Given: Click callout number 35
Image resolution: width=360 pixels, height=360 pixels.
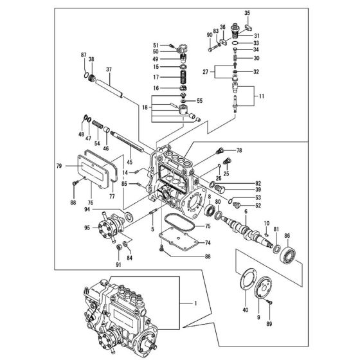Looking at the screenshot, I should tap(247, 13).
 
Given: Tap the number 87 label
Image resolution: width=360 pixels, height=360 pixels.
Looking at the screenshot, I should tap(83, 56).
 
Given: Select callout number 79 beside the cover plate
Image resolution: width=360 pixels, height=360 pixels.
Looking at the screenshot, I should tap(60, 166).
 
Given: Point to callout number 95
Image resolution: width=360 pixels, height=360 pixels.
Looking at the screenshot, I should tap(87, 226).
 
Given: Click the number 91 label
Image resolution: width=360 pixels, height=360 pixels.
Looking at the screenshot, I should tap(118, 264).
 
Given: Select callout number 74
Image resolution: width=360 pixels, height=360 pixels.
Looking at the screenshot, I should tap(208, 243).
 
